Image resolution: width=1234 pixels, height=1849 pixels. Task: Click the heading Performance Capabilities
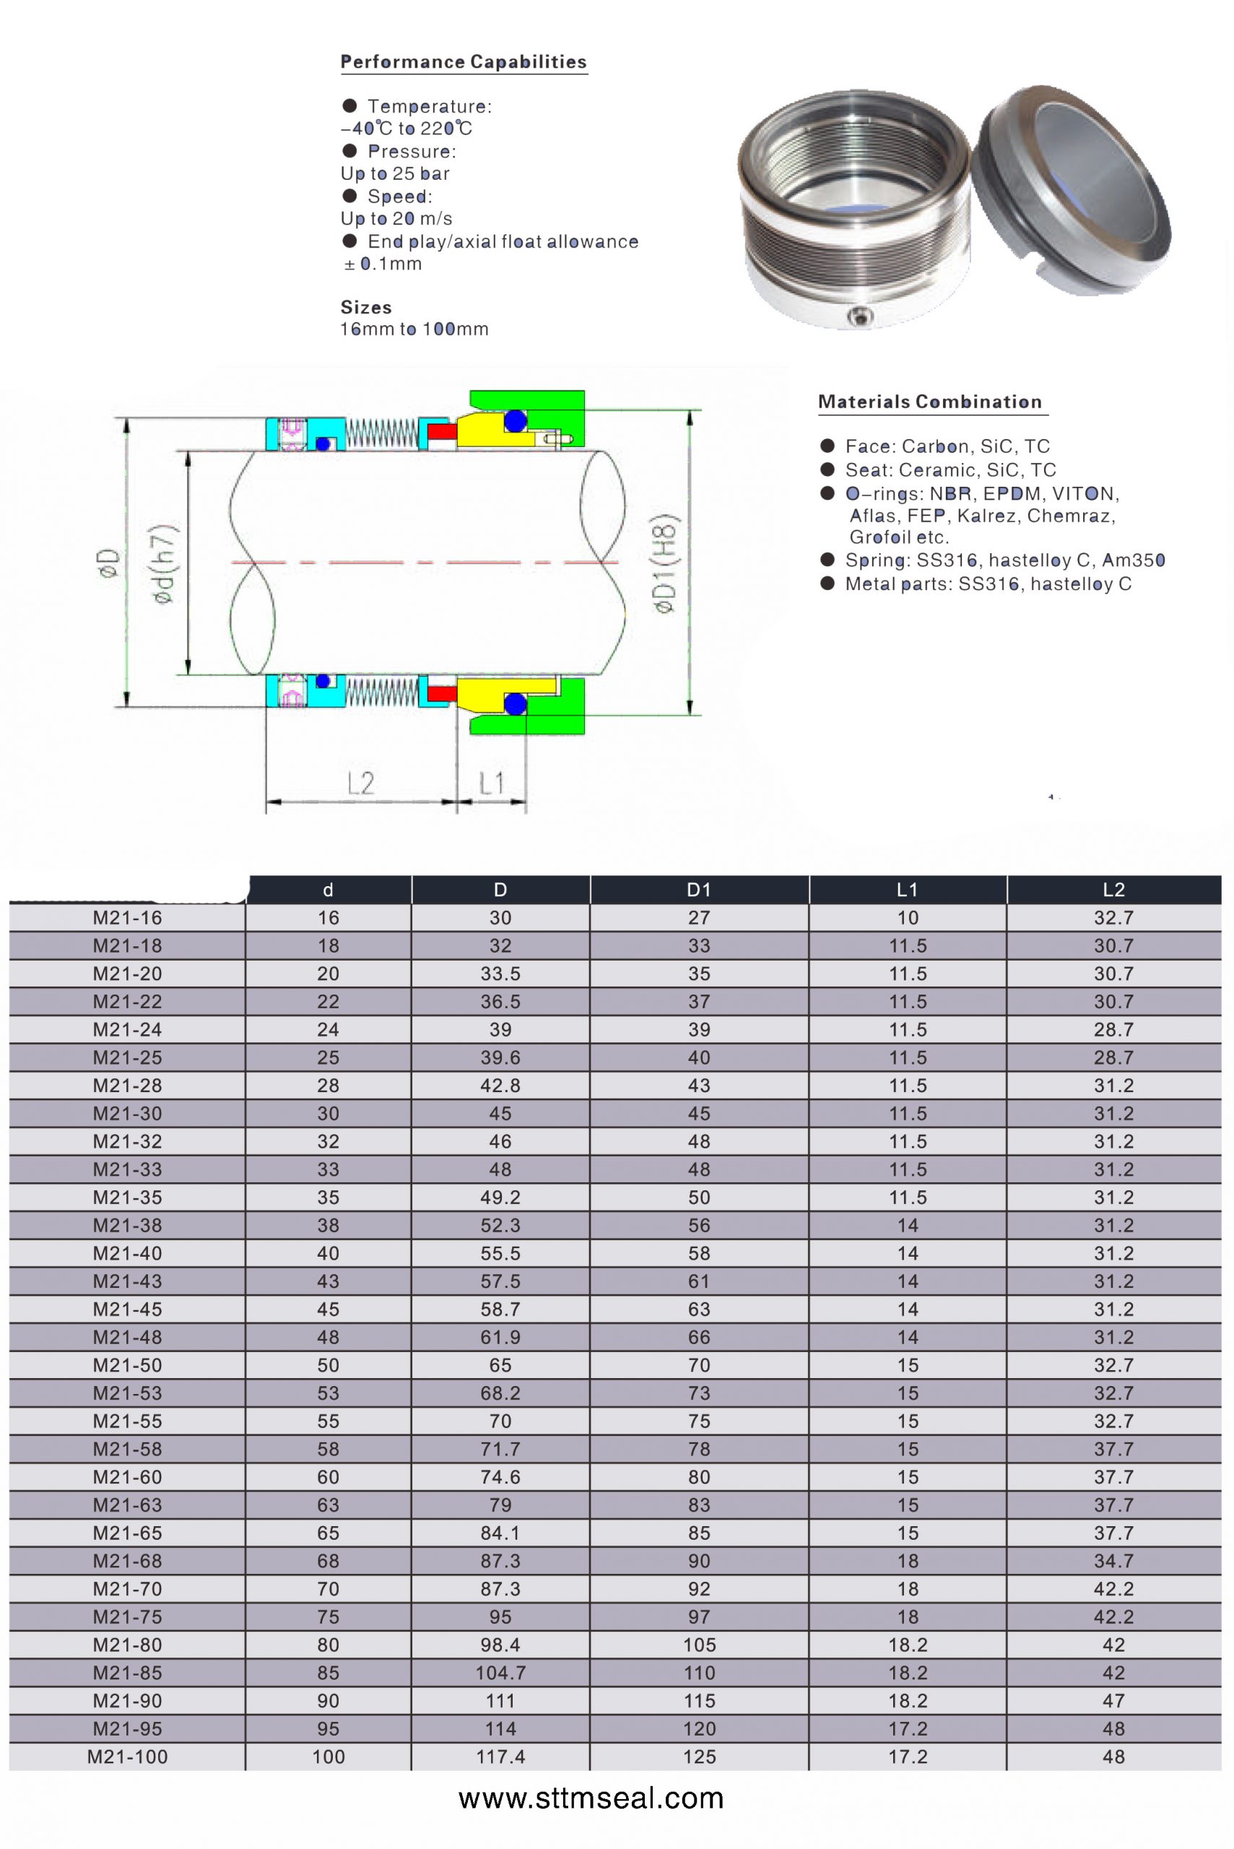point(464,62)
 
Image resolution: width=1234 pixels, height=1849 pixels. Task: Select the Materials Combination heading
point(929,402)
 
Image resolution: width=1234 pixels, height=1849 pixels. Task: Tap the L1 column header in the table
point(908,890)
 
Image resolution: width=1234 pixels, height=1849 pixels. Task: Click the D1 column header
point(699,890)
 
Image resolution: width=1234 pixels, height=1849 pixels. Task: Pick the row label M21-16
point(128,918)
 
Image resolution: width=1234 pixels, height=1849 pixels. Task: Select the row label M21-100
point(128,1756)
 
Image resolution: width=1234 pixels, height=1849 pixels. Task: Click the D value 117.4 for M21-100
point(500,1756)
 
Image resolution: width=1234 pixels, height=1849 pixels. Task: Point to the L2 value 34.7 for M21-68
point(1113,1560)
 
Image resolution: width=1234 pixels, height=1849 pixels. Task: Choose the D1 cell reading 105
point(699,1645)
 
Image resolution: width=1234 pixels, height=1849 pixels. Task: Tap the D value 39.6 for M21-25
point(500,1057)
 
